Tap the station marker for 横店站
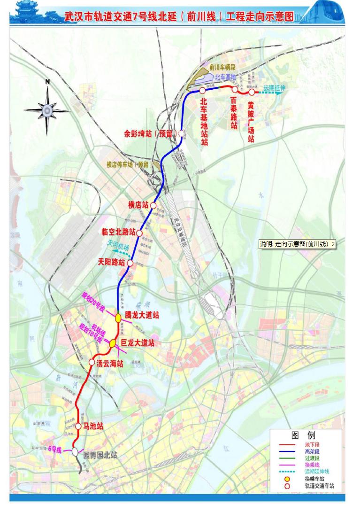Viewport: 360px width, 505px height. tap(153, 205)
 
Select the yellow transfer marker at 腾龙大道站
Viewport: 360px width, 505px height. tap(118, 318)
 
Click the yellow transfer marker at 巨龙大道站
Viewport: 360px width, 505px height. tap(113, 344)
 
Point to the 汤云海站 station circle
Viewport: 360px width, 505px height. tap(92, 362)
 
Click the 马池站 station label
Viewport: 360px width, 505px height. tap(93, 427)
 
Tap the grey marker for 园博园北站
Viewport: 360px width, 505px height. tap(75, 451)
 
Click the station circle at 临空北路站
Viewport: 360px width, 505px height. tap(139, 232)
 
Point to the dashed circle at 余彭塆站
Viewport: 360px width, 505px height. tap(181, 134)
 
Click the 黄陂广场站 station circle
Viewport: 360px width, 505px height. tap(252, 92)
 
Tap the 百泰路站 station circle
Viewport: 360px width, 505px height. tap(235, 89)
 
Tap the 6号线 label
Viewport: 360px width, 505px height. tap(55, 449)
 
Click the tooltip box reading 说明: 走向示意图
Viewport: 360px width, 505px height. tap(298, 244)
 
